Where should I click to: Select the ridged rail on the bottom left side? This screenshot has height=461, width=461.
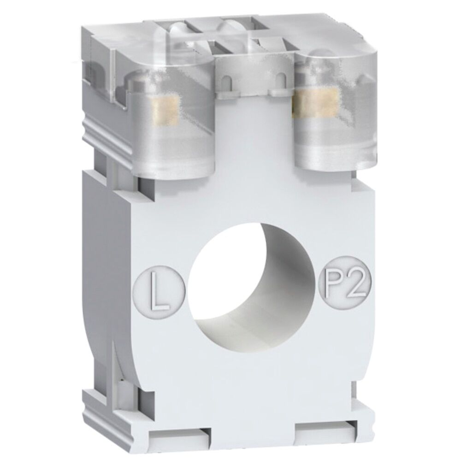pos(99,401)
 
